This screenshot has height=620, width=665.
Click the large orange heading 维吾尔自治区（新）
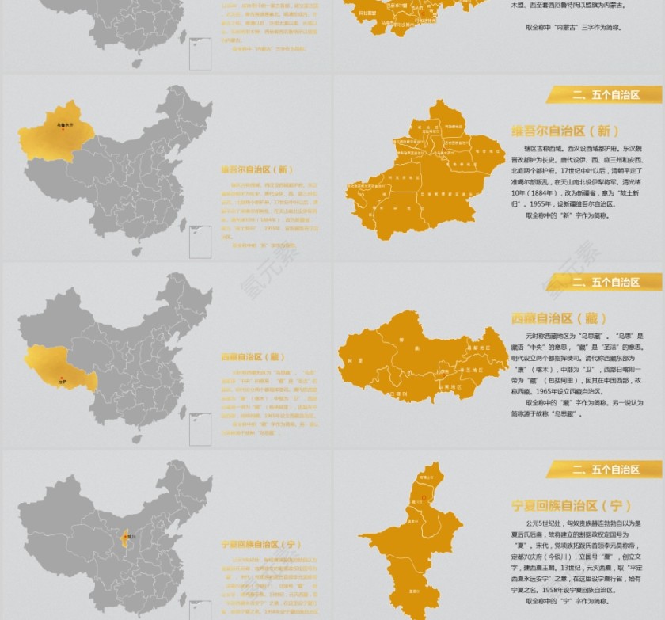[x=564, y=131]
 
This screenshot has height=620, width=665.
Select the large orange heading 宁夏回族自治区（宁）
[x=571, y=505]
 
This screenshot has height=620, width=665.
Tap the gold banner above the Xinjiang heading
[x=604, y=95]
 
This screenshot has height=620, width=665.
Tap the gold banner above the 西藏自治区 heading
[x=604, y=282]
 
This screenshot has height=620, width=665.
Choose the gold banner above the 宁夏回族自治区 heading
[x=604, y=470]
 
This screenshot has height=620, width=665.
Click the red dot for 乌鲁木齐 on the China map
[x=63, y=130]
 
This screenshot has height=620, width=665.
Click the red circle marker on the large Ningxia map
[x=424, y=498]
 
